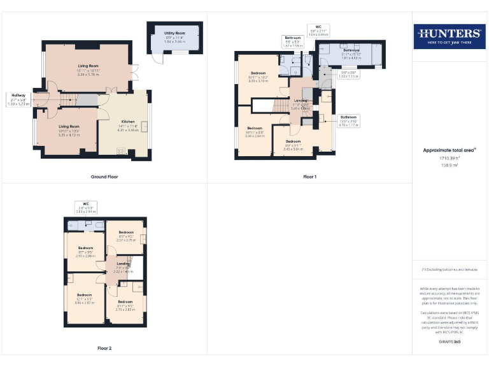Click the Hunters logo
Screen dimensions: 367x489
[x=449, y=36]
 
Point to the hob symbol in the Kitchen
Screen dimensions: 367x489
[x=122, y=151]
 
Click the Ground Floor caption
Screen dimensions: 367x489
[x=104, y=176]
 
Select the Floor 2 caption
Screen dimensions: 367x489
[x=104, y=348]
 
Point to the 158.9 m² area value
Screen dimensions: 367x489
[x=450, y=165]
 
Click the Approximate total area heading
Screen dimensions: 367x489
[x=450, y=150]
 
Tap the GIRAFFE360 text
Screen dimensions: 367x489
[x=450, y=342]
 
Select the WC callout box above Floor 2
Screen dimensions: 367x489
[x=86, y=209]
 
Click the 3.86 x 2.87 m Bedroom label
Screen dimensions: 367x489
[x=85, y=298]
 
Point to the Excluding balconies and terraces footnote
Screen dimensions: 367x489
[x=450, y=270]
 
